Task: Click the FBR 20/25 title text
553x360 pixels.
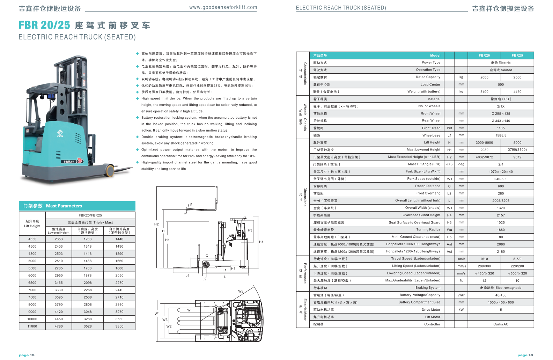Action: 44,25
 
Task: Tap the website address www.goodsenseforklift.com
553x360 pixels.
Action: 223,7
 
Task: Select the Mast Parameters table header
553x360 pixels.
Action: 77,206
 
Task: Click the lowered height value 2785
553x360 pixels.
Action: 59,268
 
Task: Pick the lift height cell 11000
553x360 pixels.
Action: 32,326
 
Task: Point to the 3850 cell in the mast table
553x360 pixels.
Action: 119,326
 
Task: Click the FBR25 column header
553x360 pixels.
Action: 517,56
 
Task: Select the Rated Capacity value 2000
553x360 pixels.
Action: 484,77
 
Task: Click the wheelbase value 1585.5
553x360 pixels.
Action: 501,135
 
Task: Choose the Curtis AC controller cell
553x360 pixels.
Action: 501,324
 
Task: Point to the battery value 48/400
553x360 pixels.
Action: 501,295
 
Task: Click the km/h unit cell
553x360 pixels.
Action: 461,259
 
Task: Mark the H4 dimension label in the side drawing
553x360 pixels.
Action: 261,242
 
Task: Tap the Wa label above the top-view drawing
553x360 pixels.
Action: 241,291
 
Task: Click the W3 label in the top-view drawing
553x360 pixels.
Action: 165,319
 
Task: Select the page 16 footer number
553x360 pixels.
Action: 525,355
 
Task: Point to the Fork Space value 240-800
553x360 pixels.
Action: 501,179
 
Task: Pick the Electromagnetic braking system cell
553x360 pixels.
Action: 501,288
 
